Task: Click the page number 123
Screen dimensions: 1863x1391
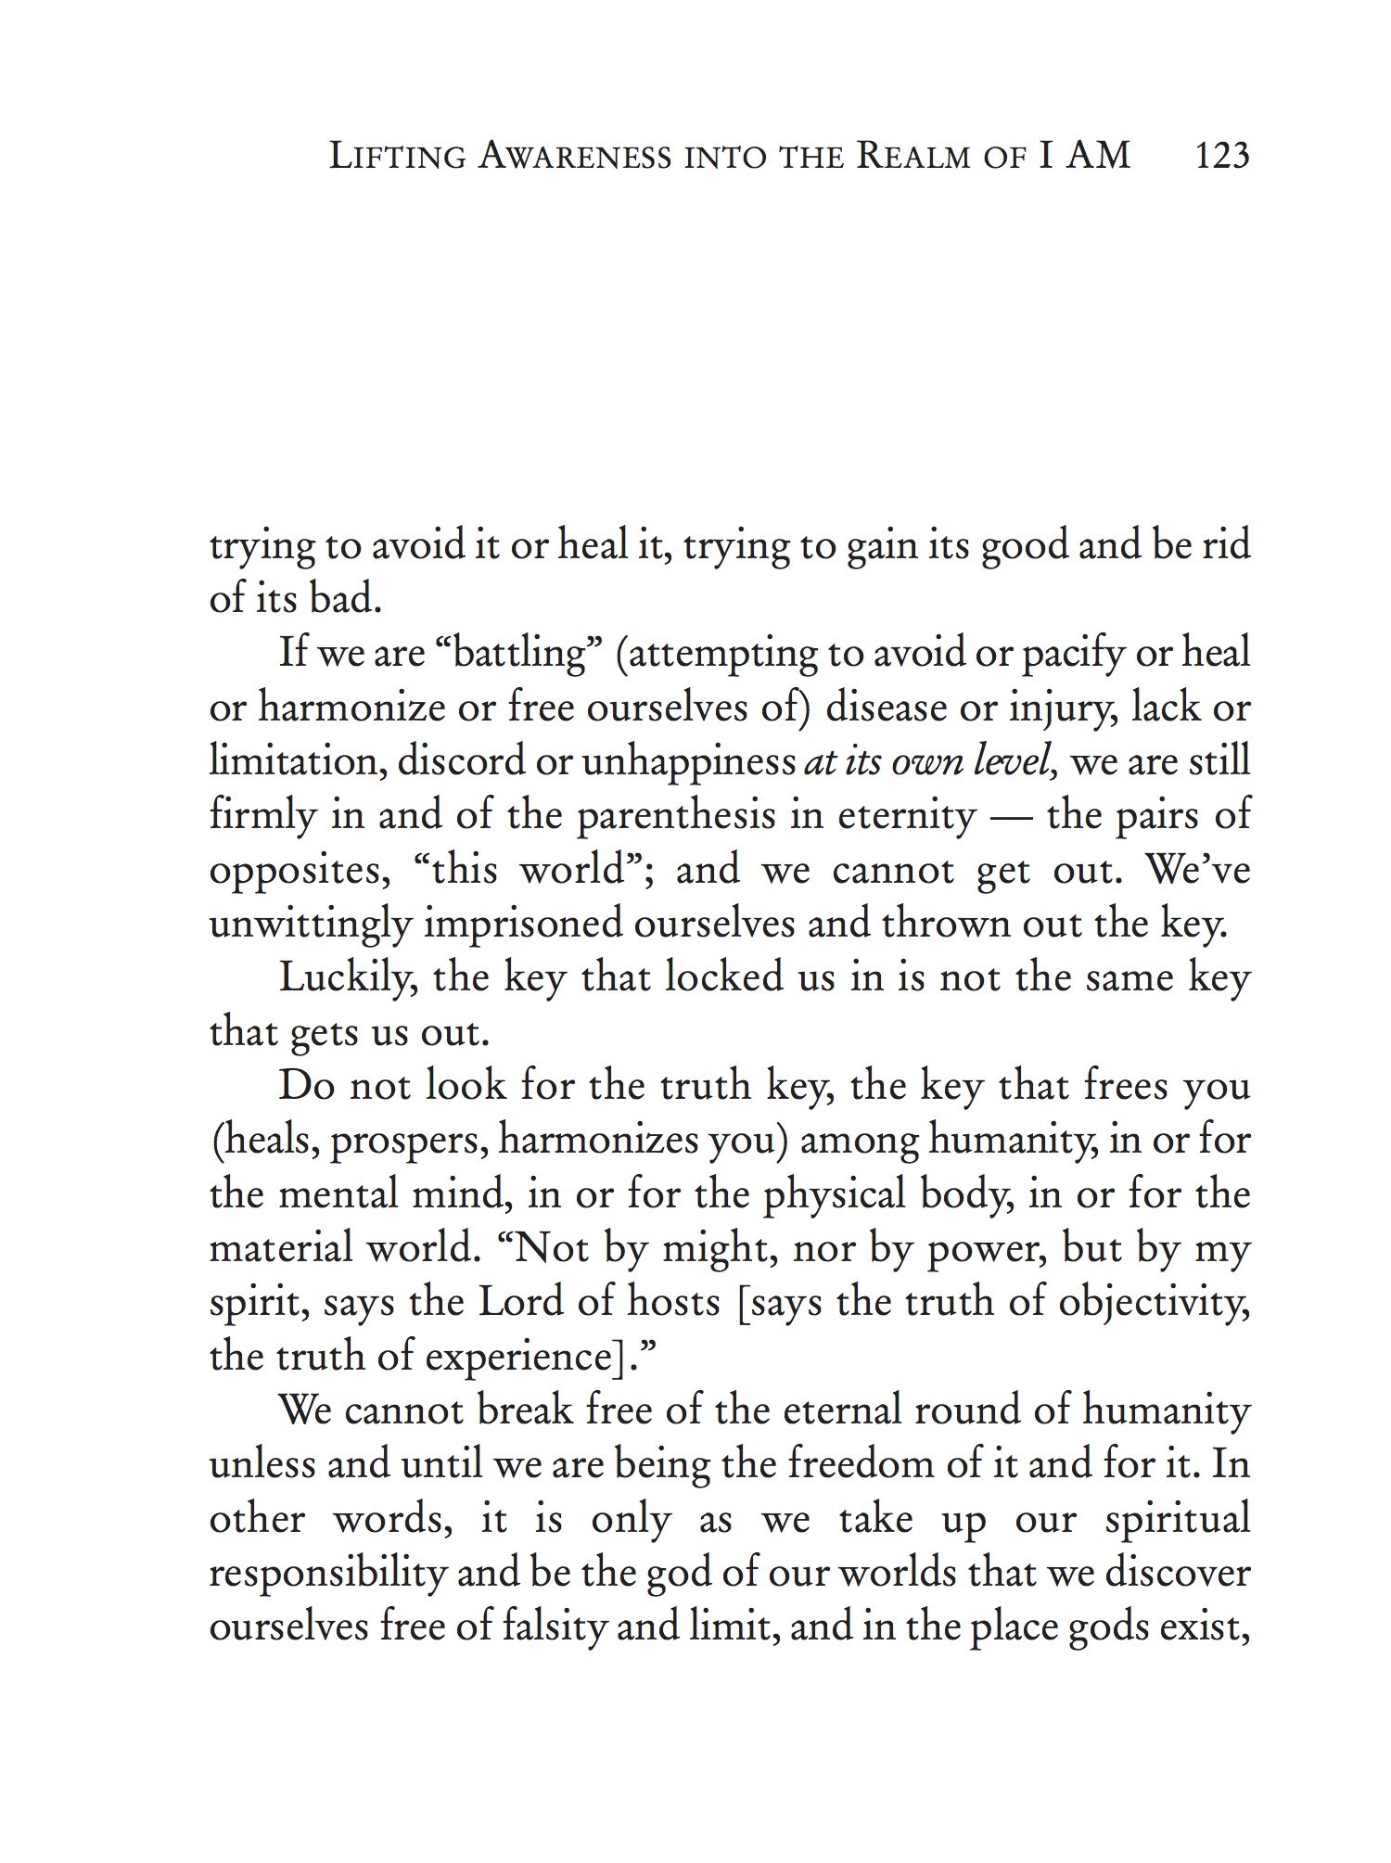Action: pyautogui.click(x=1222, y=155)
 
